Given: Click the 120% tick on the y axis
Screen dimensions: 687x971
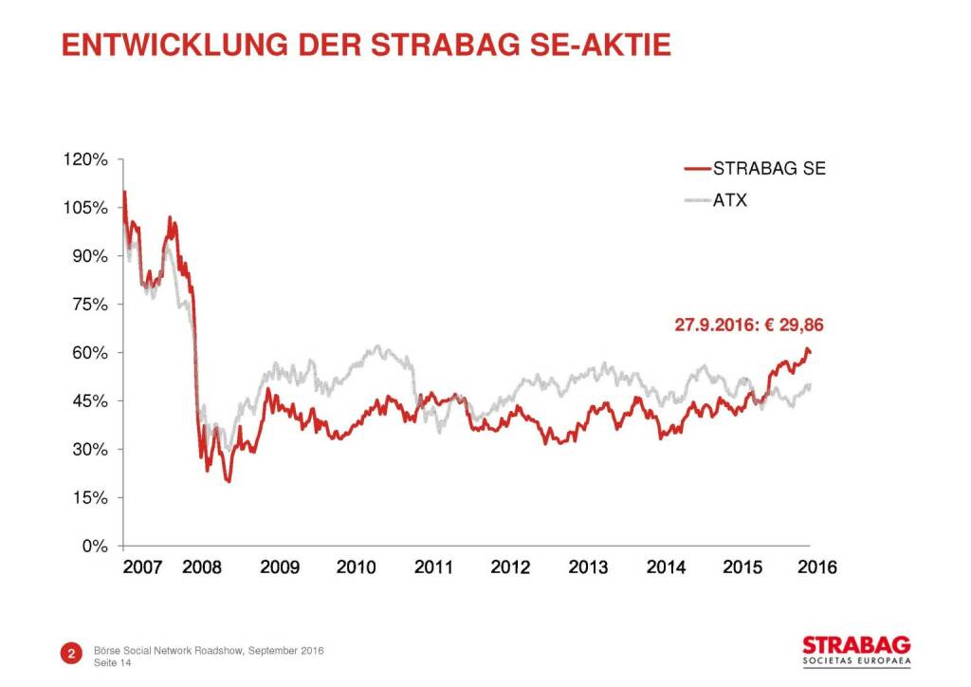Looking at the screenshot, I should pos(87,159).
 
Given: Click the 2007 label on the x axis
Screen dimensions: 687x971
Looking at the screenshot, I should pos(143,567).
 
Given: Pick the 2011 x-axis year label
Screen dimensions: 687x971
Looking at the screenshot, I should pos(432,567).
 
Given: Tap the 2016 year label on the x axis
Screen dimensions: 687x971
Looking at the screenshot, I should pos(817,567).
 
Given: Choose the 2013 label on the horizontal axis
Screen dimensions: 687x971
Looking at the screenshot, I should pos(588,567).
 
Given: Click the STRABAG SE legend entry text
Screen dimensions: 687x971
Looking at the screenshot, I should pos(769,170).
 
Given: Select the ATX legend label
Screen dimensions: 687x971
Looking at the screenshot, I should pos(729,200).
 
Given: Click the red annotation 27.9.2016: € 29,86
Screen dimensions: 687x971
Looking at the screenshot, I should pos(749,325).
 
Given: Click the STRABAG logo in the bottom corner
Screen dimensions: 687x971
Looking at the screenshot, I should pos(850,647).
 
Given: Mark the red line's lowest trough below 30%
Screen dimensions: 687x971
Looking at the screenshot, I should pos(229,481).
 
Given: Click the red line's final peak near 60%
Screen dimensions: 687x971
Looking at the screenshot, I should pos(807,349).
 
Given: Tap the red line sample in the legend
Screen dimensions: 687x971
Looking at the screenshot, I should pos(697,170).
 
